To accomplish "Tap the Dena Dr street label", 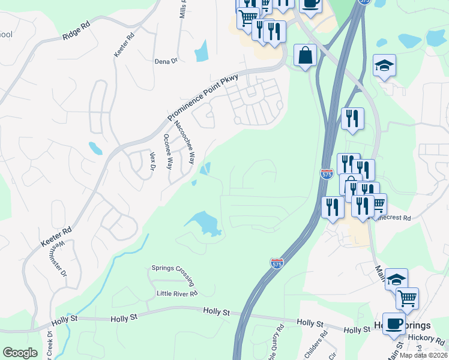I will tap(166, 61).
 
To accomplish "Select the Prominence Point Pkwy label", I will tap(203, 96).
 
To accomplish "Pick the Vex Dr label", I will tap(152, 160).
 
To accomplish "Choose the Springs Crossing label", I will tap(173, 273).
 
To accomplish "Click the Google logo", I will tap(20, 353).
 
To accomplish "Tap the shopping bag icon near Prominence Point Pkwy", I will tap(306, 56).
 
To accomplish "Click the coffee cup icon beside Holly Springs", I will tap(394, 323).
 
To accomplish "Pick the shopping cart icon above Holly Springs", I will tap(407, 298).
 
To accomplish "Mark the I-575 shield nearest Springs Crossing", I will tap(276, 263).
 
